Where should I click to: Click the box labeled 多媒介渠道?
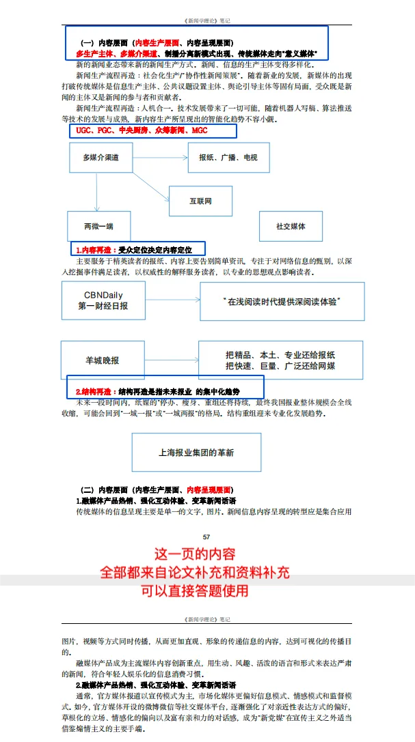(x=101, y=158)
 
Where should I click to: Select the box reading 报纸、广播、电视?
(x=228, y=158)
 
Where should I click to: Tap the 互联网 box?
(x=200, y=201)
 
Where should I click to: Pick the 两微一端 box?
(x=99, y=226)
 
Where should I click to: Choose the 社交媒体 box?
(x=291, y=226)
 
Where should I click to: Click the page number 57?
(x=206, y=537)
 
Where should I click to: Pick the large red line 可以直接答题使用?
(x=194, y=590)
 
